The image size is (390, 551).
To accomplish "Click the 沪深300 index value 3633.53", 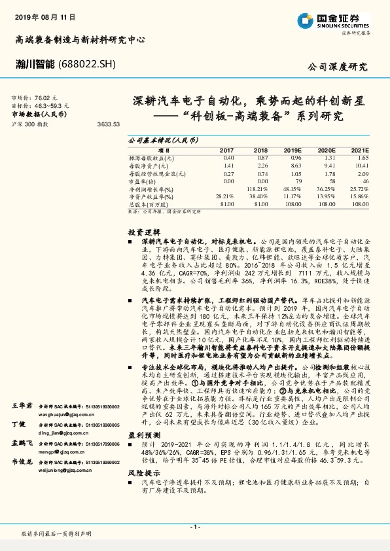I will [x=108, y=124].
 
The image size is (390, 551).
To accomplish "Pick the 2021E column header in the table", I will [x=359, y=150].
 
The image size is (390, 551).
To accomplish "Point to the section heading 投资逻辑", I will [x=141, y=232].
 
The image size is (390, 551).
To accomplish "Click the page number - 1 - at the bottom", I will [x=194, y=526].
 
